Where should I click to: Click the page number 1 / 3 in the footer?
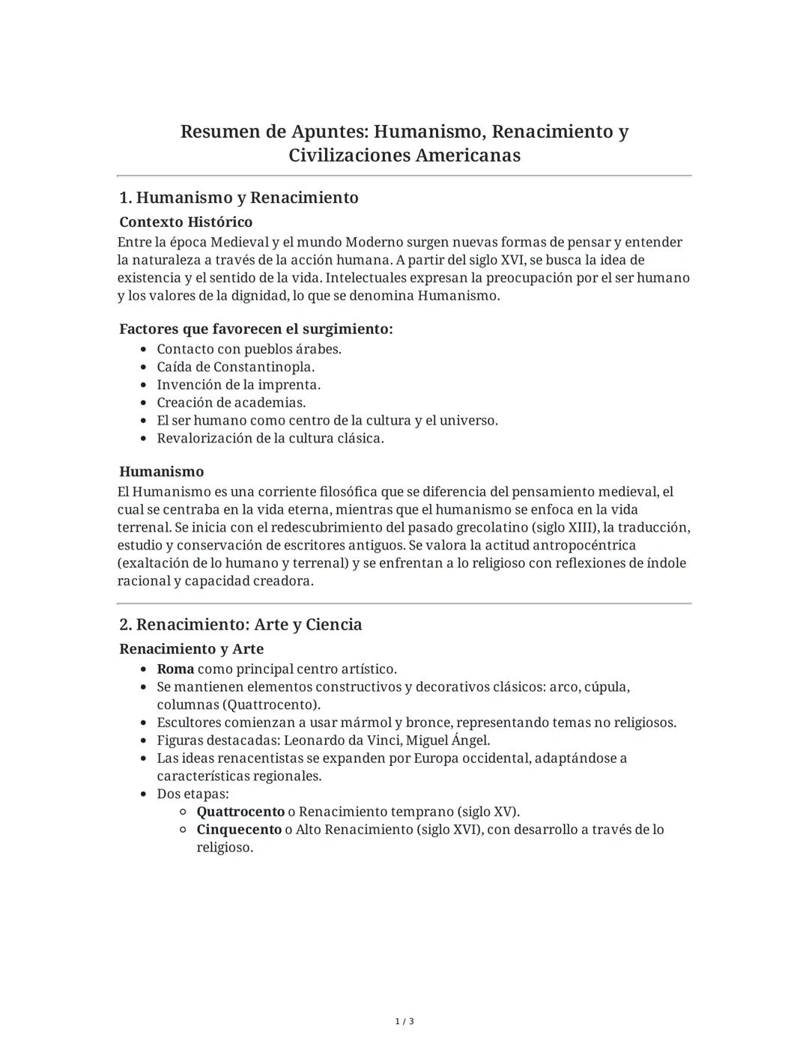(x=404, y=1021)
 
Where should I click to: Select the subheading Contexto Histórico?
(x=186, y=222)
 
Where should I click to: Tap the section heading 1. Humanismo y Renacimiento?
(x=239, y=198)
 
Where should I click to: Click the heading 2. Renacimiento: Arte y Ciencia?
(x=240, y=624)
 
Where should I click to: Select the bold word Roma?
(x=175, y=669)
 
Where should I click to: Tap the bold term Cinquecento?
(x=239, y=830)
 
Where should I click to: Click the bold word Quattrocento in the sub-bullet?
(x=240, y=812)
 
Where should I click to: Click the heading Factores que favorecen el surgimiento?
(x=256, y=329)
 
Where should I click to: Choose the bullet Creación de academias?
(x=231, y=403)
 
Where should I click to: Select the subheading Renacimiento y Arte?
(x=192, y=648)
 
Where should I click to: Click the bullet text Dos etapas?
(x=193, y=794)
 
